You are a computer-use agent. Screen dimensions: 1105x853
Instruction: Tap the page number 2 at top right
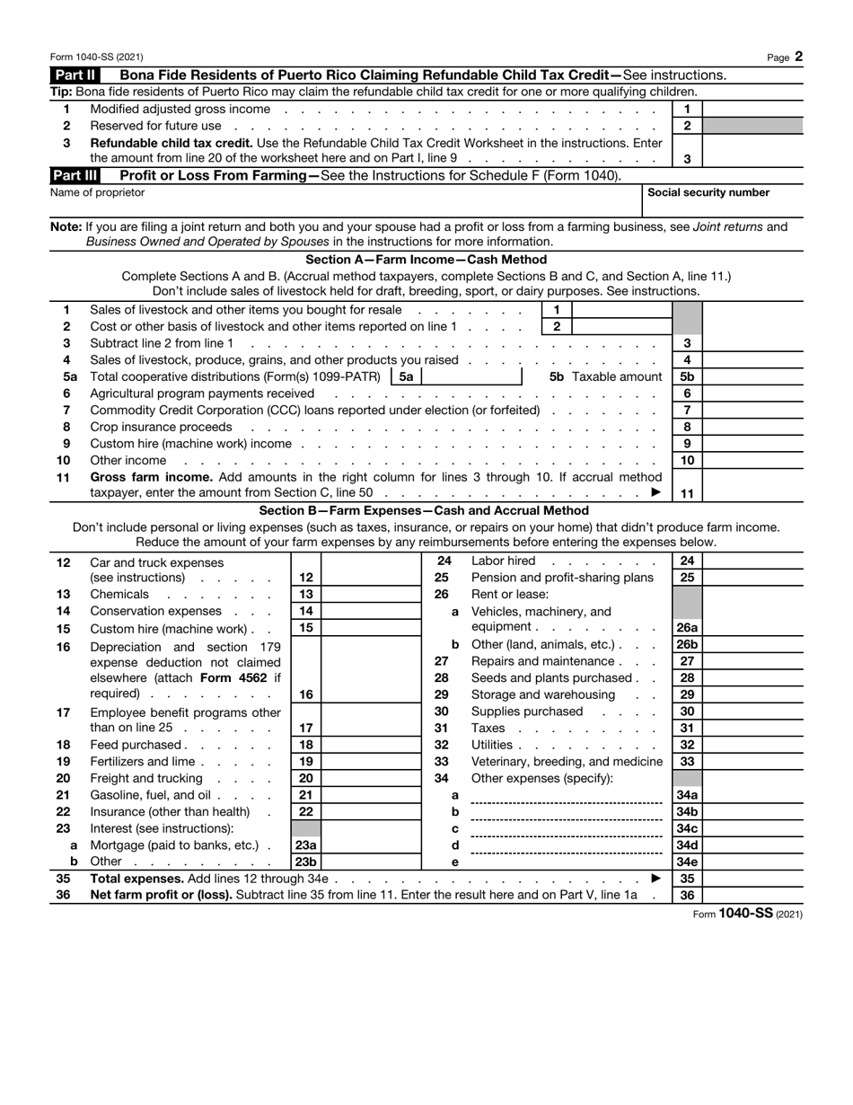click(x=798, y=57)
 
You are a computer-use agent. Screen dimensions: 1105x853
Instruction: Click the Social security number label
click(x=708, y=192)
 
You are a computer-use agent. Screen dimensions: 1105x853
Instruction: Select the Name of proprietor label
click(x=97, y=192)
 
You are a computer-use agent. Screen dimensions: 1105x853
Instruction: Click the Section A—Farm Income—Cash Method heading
click(x=426, y=260)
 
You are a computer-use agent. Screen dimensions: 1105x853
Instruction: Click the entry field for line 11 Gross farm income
click(x=752, y=493)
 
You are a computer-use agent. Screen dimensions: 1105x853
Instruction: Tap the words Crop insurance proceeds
click(x=162, y=427)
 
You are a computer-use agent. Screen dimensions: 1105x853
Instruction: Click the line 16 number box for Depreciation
click(x=305, y=694)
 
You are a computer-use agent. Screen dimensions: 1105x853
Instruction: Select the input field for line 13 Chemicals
click(x=370, y=595)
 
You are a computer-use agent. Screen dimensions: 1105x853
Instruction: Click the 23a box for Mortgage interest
click(x=305, y=845)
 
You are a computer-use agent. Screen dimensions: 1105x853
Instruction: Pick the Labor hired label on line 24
click(x=503, y=561)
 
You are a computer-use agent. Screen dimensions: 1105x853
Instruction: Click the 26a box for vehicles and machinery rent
click(x=687, y=628)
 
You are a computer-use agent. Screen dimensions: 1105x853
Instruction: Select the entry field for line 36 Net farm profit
click(x=752, y=896)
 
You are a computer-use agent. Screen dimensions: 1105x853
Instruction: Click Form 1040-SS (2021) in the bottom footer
click(x=748, y=914)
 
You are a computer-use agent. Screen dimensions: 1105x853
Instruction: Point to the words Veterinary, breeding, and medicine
click(x=567, y=762)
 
